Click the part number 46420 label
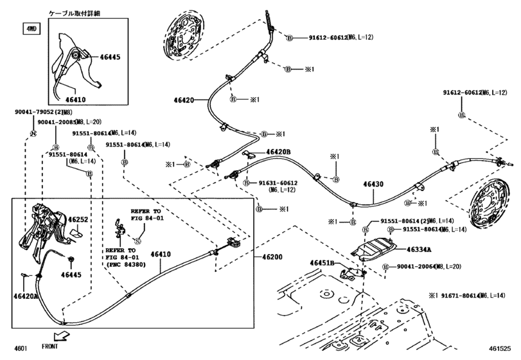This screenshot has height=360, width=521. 184,100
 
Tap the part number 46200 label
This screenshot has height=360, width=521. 272,257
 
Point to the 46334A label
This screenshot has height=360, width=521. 419,249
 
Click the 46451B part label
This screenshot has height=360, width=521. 322,263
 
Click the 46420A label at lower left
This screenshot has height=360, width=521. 26,296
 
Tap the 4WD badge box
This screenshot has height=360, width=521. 31,30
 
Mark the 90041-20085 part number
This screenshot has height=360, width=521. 55,122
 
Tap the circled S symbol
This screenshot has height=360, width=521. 136,240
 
